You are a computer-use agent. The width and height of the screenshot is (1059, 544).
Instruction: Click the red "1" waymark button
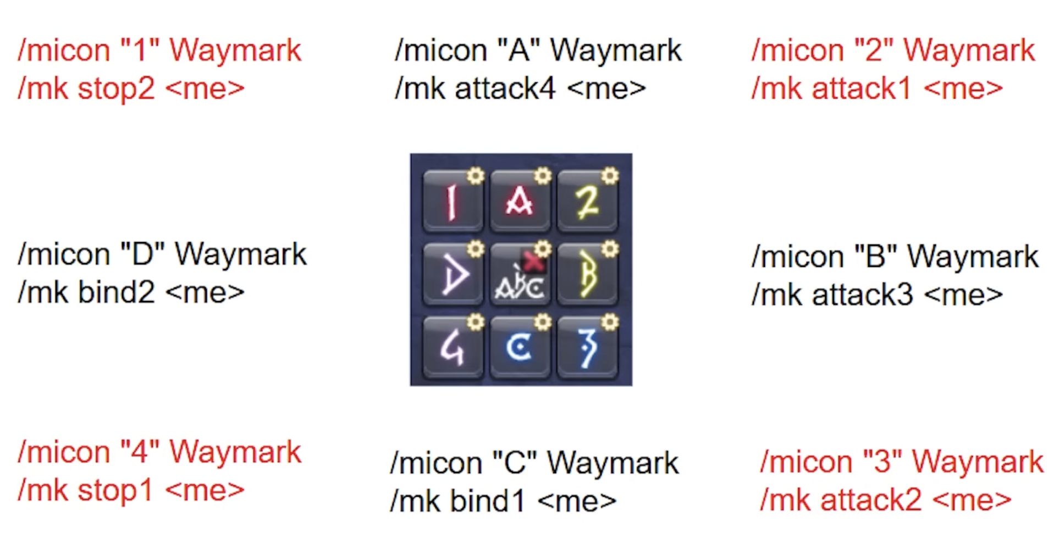[453, 201]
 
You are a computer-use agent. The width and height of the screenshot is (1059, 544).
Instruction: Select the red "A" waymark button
[520, 201]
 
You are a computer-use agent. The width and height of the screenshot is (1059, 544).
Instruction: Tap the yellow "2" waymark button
[587, 201]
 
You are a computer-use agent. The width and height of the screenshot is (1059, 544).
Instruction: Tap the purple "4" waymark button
[453, 347]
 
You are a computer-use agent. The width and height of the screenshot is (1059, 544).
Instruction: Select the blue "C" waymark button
[520, 347]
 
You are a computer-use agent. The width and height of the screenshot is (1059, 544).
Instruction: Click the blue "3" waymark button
[587, 347]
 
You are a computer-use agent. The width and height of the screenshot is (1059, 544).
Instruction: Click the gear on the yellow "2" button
[609, 176]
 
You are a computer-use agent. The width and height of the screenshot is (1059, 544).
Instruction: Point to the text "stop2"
[116, 88]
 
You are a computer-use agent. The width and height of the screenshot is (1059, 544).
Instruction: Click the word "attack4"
[505, 88]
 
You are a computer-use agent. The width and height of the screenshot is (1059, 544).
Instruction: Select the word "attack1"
[861, 88]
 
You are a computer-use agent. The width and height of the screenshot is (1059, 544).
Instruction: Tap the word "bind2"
[116, 292]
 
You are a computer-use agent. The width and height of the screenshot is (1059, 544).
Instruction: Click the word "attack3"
[862, 295]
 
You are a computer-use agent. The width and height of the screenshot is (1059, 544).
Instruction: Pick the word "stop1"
[114, 490]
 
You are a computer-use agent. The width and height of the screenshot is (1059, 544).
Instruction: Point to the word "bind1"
[488, 501]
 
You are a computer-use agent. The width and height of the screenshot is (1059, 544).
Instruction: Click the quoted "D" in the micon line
[142, 254]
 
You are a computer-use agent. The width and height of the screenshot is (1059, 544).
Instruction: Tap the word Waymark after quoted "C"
[613, 463]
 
